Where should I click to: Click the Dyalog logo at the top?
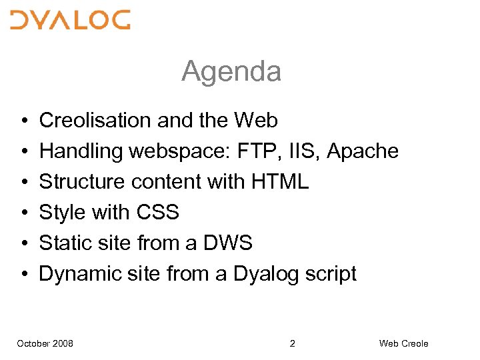click(x=70, y=20)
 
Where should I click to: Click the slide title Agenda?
click(x=231, y=71)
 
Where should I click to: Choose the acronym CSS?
click(x=158, y=213)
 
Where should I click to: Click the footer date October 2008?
click(x=45, y=343)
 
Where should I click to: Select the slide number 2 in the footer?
click(x=293, y=343)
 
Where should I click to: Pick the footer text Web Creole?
click(x=404, y=343)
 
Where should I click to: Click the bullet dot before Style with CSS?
click(x=23, y=213)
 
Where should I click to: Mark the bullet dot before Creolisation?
click(x=23, y=121)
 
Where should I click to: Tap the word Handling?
click(x=81, y=151)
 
